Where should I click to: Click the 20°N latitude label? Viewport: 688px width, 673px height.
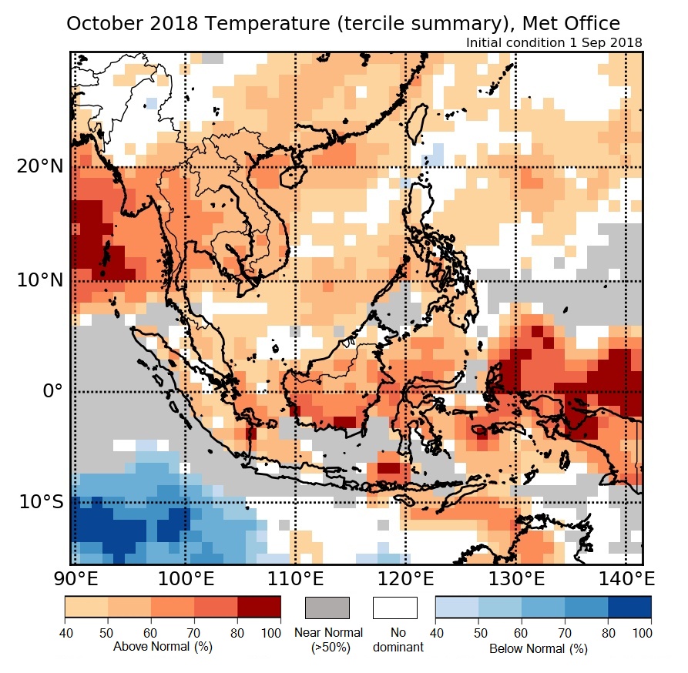37,167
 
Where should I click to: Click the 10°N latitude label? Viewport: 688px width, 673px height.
37,280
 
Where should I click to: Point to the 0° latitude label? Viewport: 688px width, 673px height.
46,391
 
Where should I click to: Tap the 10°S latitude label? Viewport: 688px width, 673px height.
38,502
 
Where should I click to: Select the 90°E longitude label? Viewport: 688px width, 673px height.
74,578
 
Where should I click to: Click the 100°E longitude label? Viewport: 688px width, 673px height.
185,578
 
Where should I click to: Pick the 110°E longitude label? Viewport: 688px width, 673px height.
297,578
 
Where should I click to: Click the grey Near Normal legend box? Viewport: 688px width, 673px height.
327,608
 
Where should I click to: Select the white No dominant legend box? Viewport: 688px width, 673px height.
394,608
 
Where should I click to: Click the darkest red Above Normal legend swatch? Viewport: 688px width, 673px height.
259,608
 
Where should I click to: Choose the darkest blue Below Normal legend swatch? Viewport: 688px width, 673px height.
629,608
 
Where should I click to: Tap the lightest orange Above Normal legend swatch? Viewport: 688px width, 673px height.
86,608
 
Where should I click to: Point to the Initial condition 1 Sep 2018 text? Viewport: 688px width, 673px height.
554,42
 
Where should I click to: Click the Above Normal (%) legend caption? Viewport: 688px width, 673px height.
162,647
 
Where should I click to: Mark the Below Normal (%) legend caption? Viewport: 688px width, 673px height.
539,648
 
